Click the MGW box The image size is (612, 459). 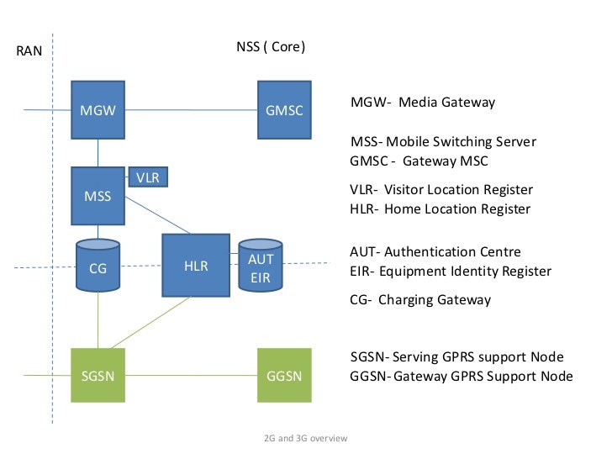pyautogui.click(x=98, y=109)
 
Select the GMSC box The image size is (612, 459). pyautogui.click(x=283, y=109)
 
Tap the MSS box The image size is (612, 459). pyautogui.click(x=98, y=196)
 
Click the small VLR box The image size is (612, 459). pyautogui.click(x=147, y=177)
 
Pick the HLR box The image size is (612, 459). pyautogui.click(x=195, y=266)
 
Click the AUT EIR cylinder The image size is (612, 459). pyautogui.click(x=261, y=267)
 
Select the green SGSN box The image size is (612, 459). pyautogui.click(x=98, y=375)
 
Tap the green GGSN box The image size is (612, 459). pyautogui.click(x=283, y=375)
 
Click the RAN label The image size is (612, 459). pyautogui.click(x=29, y=52)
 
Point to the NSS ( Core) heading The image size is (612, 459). pyautogui.click(x=271, y=47)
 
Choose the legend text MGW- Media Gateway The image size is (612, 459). pyautogui.click(x=422, y=103)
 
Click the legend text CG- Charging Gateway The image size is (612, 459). pyautogui.click(x=419, y=299)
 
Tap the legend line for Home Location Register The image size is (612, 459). pyautogui.click(x=440, y=208)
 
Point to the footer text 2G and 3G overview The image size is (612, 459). pyautogui.click(x=305, y=439)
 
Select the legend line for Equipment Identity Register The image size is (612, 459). pyautogui.click(x=450, y=271)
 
